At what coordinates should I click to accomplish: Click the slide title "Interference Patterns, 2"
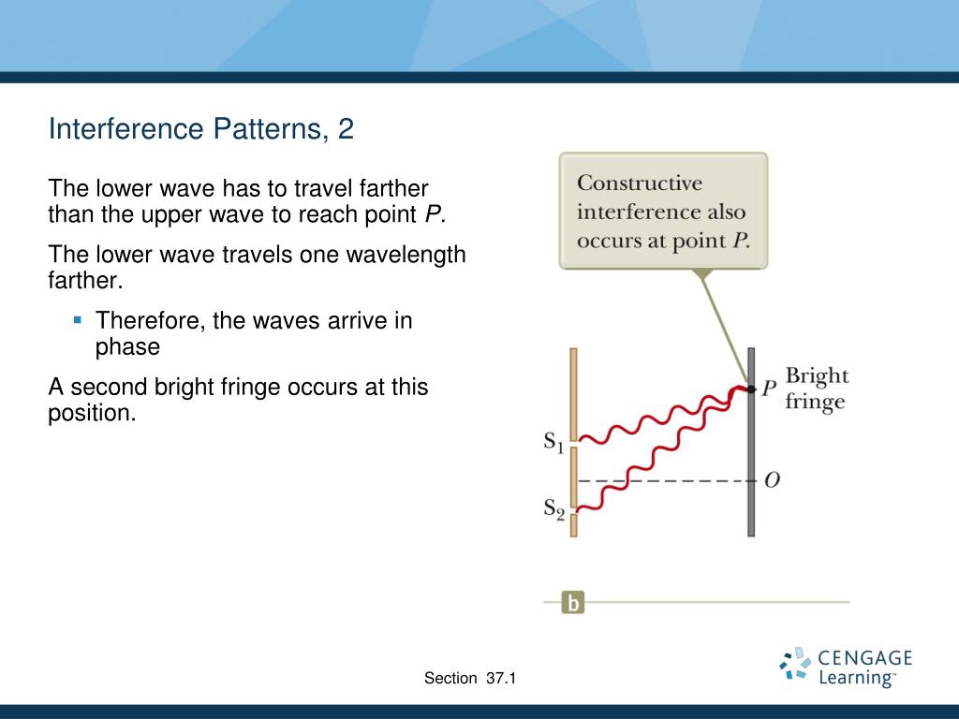click(201, 129)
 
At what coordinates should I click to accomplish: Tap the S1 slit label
click(553, 442)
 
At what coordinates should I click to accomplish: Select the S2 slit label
click(553, 508)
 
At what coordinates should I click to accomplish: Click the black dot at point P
click(752, 389)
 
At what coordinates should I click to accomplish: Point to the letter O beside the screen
click(773, 480)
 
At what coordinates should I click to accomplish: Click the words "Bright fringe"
click(817, 389)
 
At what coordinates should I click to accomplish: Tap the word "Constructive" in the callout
click(640, 183)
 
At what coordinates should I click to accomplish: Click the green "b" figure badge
click(573, 602)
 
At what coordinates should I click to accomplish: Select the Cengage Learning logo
click(846, 667)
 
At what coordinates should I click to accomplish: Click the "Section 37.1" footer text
click(470, 678)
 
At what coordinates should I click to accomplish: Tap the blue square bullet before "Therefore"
click(77, 320)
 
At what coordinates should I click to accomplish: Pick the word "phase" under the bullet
click(127, 347)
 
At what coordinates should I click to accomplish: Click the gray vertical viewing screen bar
click(752, 442)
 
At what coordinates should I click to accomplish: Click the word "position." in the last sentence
click(92, 414)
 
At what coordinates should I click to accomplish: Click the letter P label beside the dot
click(769, 389)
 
